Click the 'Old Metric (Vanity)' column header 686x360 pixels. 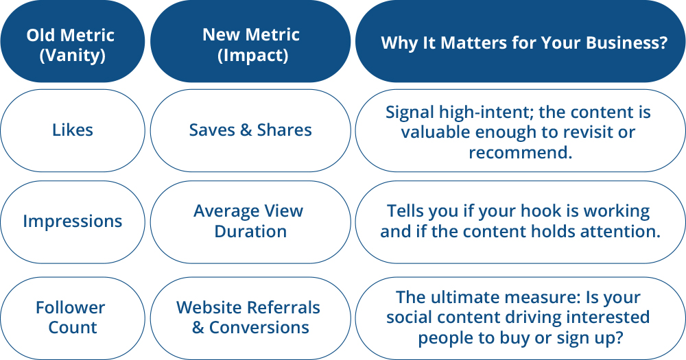(x=72, y=45)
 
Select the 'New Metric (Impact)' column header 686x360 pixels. (x=250, y=45)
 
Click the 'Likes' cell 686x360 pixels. (x=72, y=130)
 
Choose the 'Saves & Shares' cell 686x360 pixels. (x=250, y=130)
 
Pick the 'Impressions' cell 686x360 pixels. (x=72, y=221)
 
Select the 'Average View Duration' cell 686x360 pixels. (x=250, y=221)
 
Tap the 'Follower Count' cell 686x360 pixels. (x=72, y=317)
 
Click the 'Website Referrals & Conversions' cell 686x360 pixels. (x=250, y=317)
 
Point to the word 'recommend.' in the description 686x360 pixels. (x=520, y=152)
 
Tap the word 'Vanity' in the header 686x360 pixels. (x=72, y=56)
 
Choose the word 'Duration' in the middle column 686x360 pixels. (x=250, y=232)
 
